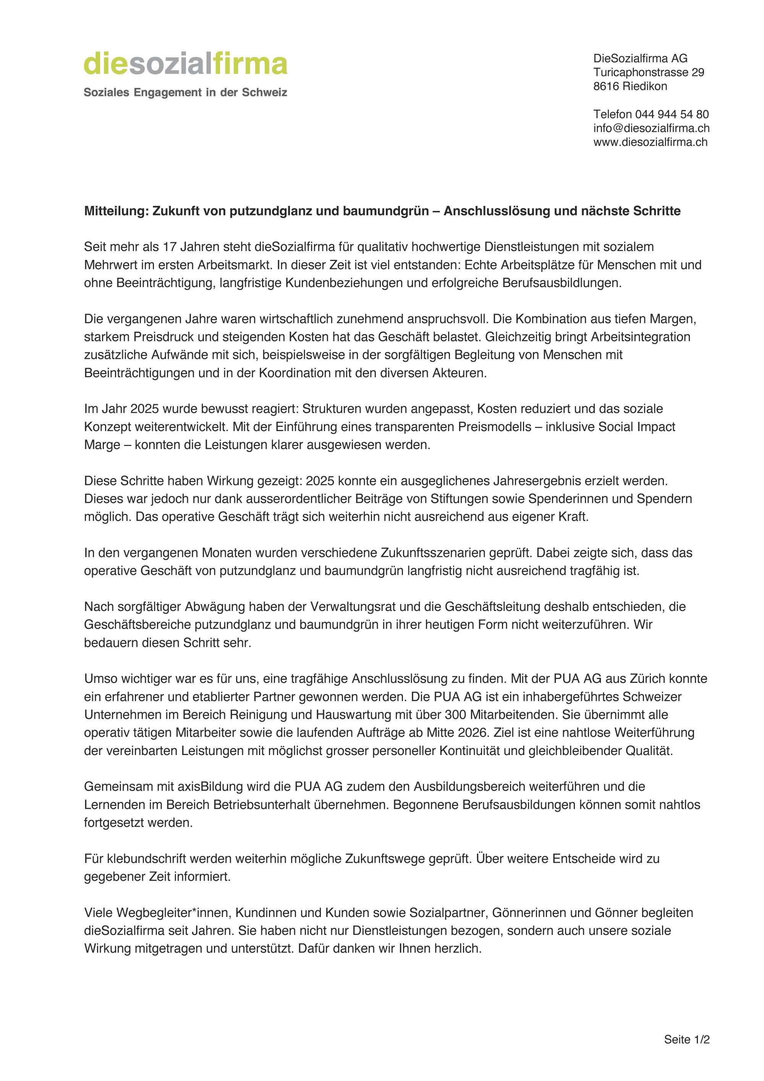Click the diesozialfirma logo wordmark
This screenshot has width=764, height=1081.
186,64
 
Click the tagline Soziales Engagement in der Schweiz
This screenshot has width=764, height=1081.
186,92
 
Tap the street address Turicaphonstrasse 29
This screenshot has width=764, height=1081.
649,73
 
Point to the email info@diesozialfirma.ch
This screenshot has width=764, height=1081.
651,128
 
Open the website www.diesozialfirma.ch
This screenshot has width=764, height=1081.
650,142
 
